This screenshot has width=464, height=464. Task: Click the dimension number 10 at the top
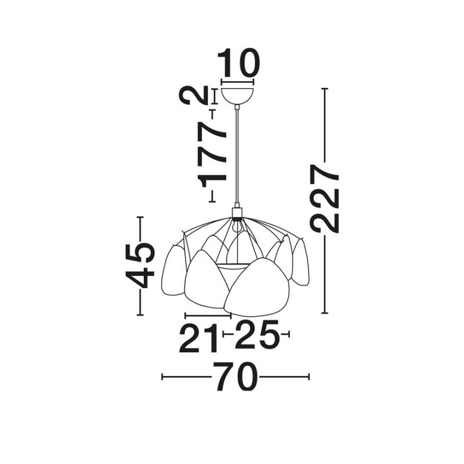tap(238, 63)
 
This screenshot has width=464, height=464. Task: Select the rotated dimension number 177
tap(213, 155)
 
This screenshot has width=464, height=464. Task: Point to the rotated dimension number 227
tap(324, 198)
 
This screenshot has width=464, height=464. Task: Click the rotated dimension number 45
tap(140, 266)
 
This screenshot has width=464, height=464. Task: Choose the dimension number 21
tap(199, 338)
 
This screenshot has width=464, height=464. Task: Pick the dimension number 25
tap(257, 334)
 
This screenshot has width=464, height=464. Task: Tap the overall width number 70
tap(235, 376)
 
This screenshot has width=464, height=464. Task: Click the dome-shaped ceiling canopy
tap(237, 95)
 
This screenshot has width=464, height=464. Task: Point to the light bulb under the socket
tap(237, 226)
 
